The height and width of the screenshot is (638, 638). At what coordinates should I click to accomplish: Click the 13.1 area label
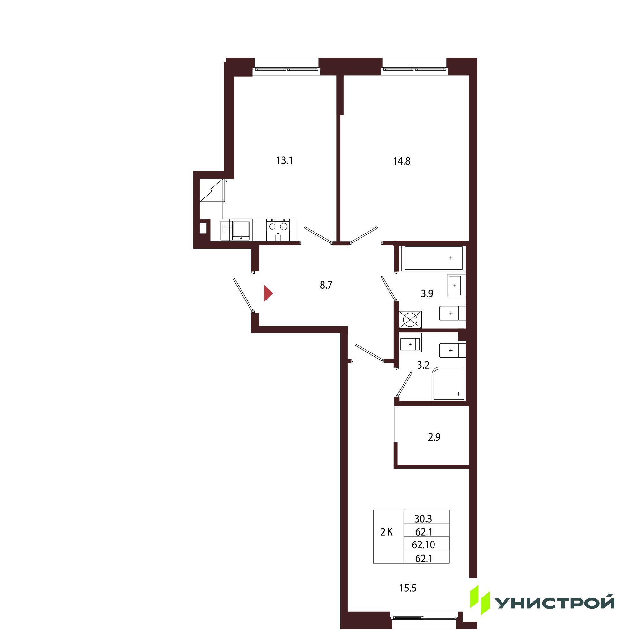pos(284,161)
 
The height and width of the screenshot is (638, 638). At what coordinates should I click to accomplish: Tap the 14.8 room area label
pos(402,161)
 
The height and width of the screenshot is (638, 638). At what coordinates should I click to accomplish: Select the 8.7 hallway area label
pos(326,285)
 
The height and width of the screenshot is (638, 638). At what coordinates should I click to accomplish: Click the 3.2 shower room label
pos(423,365)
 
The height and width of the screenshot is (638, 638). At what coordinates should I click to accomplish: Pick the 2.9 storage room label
pos(434,437)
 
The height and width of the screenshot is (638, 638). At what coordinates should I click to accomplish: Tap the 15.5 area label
pos(408,588)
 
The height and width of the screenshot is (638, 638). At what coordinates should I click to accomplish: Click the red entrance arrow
pos(268,293)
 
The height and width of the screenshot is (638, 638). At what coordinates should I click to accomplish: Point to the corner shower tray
pos(449,384)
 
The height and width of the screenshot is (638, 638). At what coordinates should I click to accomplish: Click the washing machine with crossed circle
pos(410,319)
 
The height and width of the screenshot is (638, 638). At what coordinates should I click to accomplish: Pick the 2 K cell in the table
pos(386,532)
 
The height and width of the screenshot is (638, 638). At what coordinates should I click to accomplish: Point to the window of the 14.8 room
pos(414,70)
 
